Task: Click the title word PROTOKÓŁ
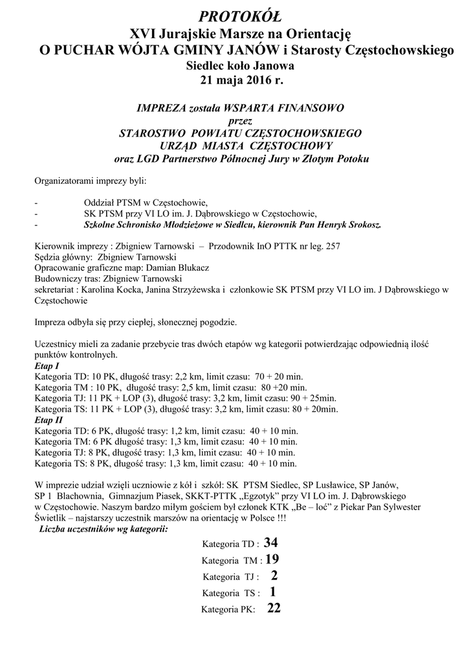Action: [235, 15]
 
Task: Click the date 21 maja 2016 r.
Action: [235, 80]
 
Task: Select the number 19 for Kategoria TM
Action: [272, 558]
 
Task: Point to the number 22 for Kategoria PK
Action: [273, 609]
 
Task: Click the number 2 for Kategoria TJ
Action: [274, 575]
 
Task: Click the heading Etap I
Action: [44, 366]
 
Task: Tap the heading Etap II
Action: [45, 420]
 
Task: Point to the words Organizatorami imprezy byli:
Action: [90, 179]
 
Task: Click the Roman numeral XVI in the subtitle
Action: [144, 33]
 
